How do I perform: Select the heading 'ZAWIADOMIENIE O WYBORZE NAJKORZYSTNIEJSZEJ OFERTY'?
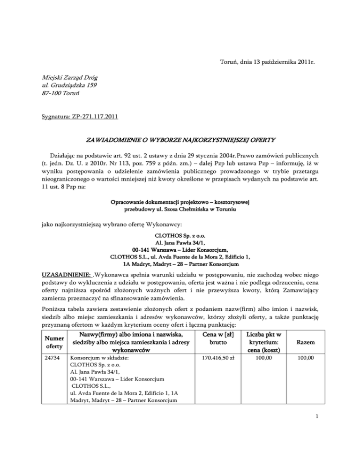pyautogui.click(x=180, y=140)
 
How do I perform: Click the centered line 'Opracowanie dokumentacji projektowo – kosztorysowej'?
pyautogui.click(x=180, y=202)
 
